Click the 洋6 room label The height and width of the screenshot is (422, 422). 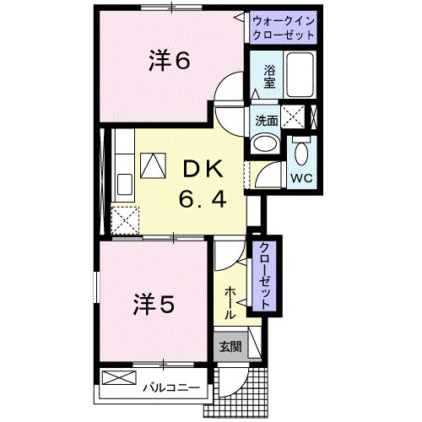pyautogui.click(x=170, y=61)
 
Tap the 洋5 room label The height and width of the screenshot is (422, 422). pyautogui.click(x=154, y=305)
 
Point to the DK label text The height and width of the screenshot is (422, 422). pyautogui.click(x=203, y=170)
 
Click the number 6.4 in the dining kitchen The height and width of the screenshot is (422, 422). pyautogui.click(x=203, y=198)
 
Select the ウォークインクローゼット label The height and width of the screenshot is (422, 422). pyautogui.click(x=284, y=28)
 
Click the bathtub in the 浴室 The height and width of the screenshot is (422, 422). pyautogui.click(x=300, y=74)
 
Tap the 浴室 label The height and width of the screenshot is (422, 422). pyautogui.click(x=269, y=77)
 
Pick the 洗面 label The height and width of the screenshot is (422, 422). pyautogui.click(x=266, y=121)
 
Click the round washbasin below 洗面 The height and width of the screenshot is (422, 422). pyautogui.click(x=266, y=143)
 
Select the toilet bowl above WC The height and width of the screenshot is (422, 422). pyautogui.click(x=301, y=153)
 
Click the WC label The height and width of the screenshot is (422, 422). pyautogui.click(x=301, y=178)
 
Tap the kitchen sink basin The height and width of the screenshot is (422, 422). pyautogui.click(x=124, y=184)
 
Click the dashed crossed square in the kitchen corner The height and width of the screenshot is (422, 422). pyautogui.click(x=125, y=220)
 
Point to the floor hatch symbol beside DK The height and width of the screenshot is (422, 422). pyautogui.click(x=153, y=165)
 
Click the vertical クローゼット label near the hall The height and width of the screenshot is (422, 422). pyautogui.click(x=264, y=276)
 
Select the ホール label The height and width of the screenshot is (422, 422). pyautogui.click(x=230, y=303)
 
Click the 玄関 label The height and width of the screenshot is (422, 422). pyautogui.click(x=230, y=347)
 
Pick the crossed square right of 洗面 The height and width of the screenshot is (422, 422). pyautogui.click(x=293, y=116)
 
